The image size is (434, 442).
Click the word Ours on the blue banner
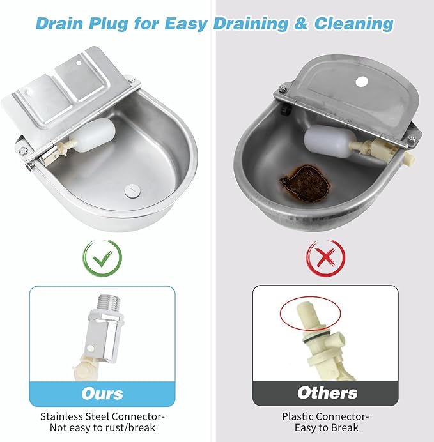click(102, 393)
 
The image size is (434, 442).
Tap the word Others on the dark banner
click(327, 393)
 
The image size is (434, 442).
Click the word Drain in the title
click(62, 24)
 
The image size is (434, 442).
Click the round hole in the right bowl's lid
click(362, 82)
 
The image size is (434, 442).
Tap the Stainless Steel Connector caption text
click(102, 416)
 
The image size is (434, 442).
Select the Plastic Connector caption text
click(326, 416)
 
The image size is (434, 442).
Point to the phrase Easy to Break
click(327, 427)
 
